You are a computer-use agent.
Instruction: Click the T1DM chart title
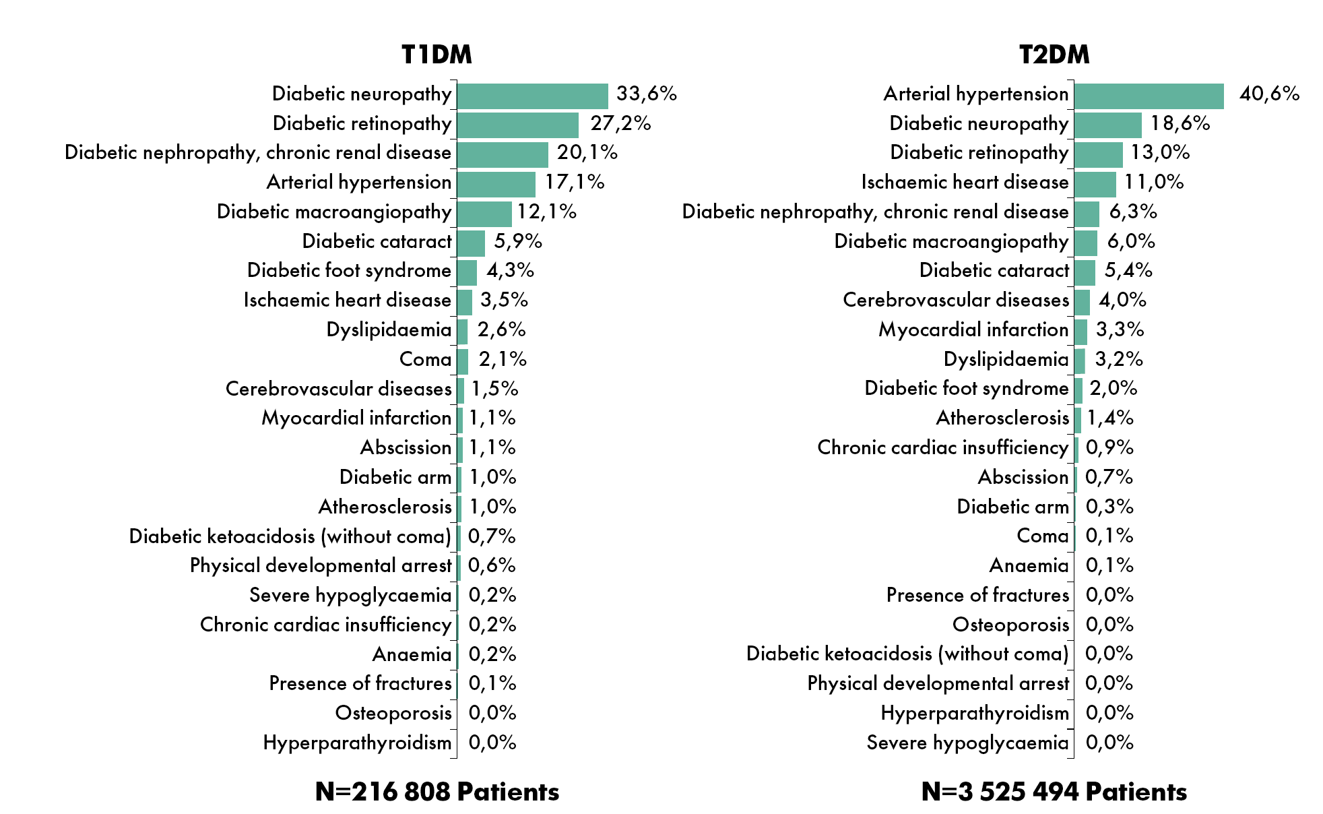(437, 55)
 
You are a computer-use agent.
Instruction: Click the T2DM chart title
(1054, 55)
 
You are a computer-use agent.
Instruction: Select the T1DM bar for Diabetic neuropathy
(532, 96)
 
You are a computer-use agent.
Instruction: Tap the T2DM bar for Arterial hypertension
(1149, 96)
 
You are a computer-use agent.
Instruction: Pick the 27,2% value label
(620, 123)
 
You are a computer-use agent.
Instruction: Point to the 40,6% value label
(1269, 94)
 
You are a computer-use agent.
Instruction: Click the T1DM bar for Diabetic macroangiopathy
(484, 214)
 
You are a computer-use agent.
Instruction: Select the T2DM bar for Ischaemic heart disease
(1095, 184)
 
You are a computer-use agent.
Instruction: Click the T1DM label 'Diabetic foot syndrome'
(349, 270)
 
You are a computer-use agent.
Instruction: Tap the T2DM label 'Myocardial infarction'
(973, 330)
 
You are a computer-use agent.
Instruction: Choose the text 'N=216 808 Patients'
(437, 792)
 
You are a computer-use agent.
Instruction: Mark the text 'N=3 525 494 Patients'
(1054, 792)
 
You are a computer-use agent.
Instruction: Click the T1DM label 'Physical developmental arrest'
(321, 565)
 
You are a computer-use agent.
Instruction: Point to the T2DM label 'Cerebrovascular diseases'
(956, 300)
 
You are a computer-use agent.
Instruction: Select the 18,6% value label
(1180, 123)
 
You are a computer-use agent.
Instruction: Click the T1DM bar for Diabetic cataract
(471, 243)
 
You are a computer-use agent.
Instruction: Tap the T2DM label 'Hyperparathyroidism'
(975, 713)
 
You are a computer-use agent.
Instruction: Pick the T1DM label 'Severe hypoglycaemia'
(350, 595)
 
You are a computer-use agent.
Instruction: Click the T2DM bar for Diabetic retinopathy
(1098, 154)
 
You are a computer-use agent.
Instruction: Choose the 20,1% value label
(587, 152)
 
